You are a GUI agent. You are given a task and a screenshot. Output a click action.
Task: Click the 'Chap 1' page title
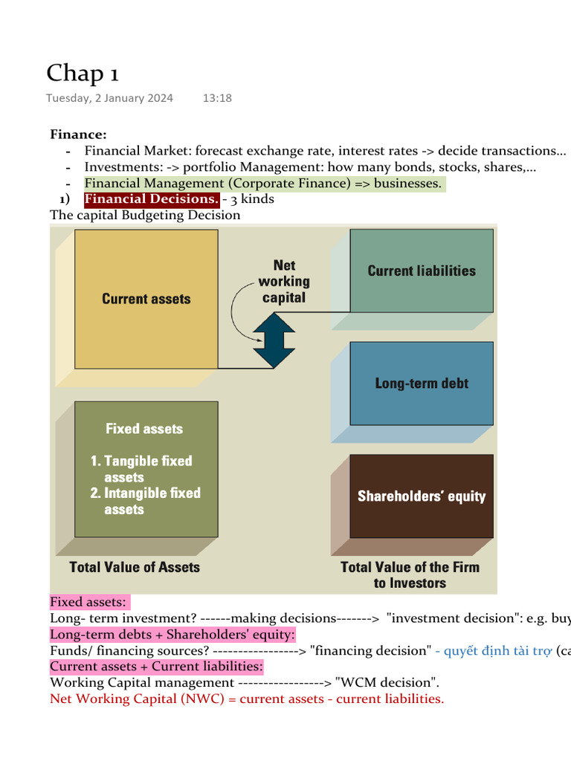point(83,74)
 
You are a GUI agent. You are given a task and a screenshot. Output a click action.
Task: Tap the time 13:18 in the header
point(217,98)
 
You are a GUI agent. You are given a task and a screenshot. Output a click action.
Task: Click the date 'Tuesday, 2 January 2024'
point(109,98)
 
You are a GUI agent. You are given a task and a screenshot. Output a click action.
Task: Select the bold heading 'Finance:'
point(78,135)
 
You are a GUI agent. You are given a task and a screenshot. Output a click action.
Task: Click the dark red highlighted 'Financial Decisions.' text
point(151,199)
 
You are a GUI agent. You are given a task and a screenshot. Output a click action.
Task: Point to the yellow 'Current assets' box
point(146,299)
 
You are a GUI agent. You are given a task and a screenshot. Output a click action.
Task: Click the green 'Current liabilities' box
point(422,271)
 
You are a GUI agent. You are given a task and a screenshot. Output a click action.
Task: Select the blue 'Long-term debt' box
point(422,383)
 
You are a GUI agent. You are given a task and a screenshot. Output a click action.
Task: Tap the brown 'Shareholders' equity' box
point(422,496)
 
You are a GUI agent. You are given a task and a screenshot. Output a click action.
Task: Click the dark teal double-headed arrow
point(274,340)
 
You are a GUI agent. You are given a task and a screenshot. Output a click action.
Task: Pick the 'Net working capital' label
point(284,282)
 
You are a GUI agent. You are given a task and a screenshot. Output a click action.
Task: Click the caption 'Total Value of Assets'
point(135,567)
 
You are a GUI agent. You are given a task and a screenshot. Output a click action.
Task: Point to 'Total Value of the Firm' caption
point(410,567)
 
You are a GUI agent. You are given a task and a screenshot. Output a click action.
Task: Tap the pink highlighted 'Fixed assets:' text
point(89,602)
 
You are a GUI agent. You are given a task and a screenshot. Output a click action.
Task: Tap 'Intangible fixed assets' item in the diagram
point(147,501)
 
